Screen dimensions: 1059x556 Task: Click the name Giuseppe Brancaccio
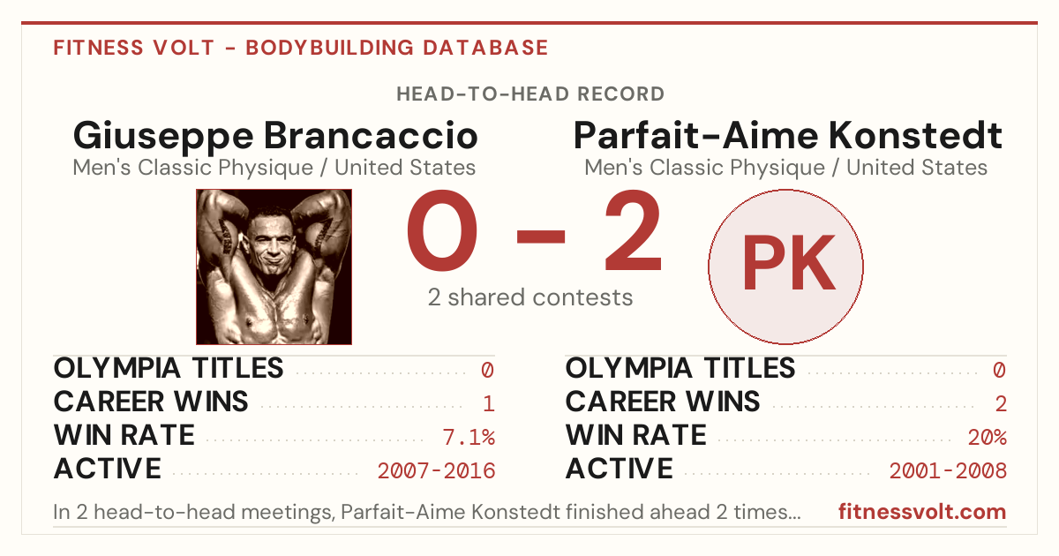[x=275, y=136]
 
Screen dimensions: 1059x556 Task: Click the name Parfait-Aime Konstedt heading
[x=787, y=136]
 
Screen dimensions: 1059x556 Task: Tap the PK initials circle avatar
[x=785, y=267]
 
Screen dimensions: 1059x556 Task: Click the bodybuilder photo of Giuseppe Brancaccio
[x=274, y=267]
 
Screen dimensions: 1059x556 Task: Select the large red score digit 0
[x=442, y=230]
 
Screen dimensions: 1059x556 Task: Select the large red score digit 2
[x=634, y=230]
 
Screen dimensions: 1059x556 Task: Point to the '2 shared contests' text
[x=530, y=297]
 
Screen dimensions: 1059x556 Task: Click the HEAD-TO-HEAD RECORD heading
[x=530, y=94]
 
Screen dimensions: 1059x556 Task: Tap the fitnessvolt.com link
[x=922, y=512]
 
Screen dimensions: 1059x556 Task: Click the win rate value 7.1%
[x=469, y=438]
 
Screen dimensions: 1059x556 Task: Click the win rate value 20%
[x=988, y=438]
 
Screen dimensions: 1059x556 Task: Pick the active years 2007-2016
[x=436, y=471]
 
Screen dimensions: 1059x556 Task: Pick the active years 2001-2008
[x=948, y=471]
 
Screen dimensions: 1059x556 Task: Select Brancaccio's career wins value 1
[x=489, y=404]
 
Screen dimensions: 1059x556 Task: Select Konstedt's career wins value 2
[x=1001, y=404]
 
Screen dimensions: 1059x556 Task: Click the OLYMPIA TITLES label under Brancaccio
[x=169, y=368]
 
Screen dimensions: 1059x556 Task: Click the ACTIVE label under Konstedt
[x=620, y=469]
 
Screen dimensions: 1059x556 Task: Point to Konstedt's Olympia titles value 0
[x=999, y=370]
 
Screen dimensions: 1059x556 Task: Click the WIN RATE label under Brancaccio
[x=124, y=435]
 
